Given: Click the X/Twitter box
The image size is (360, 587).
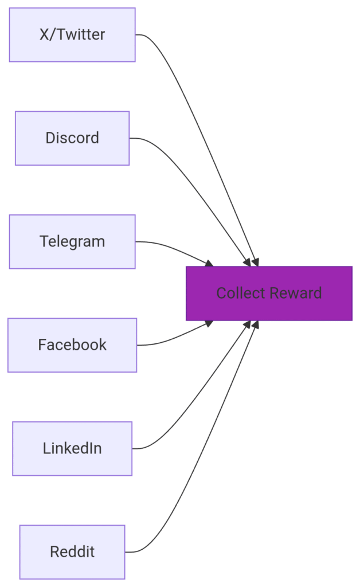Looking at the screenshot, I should click(x=72, y=34).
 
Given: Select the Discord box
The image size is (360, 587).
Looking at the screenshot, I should click(x=72, y=138).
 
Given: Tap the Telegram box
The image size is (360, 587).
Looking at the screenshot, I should click(x=72, y=241).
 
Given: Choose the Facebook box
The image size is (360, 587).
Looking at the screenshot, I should click(x=72, y=345).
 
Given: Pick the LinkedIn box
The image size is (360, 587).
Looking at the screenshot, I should click(x=72, y=448).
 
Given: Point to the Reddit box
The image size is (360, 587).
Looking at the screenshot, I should click(x=72, y=552).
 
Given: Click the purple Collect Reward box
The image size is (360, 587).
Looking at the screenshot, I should click(x=269, y=293).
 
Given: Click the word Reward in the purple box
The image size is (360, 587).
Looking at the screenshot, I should click(x=296, y=293).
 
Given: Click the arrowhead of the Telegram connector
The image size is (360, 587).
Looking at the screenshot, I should click(x=209, y=263).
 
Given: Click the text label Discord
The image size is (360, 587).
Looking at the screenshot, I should click(x=72, y=138).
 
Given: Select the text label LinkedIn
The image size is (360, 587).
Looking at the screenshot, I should click(x=72, y=448).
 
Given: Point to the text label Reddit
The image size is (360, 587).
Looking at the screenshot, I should click(x=72, y=552).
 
